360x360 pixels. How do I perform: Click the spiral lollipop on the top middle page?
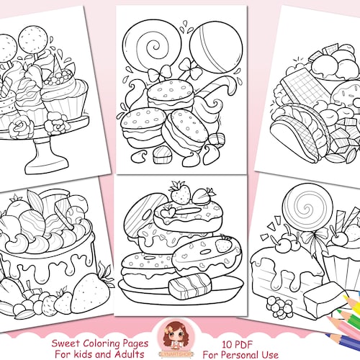pyautogui.click(x=150, y=48)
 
